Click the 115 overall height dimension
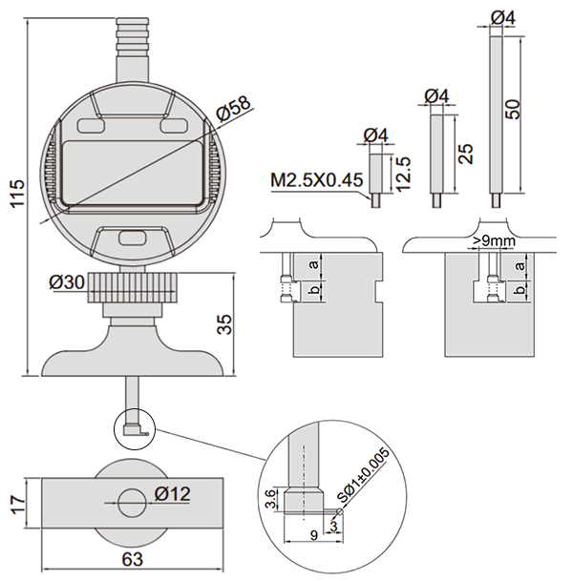coord(16,194)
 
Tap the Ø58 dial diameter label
coord(234,109)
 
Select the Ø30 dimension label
coord(67,282)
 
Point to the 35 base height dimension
coord(224,324)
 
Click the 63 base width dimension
coord(132,559)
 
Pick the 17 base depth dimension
coord(17,503)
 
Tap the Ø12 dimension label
coord(173,494)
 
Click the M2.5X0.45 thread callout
coord(317,180)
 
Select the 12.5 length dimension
coord(403,174)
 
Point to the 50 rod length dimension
coord(513,109)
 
